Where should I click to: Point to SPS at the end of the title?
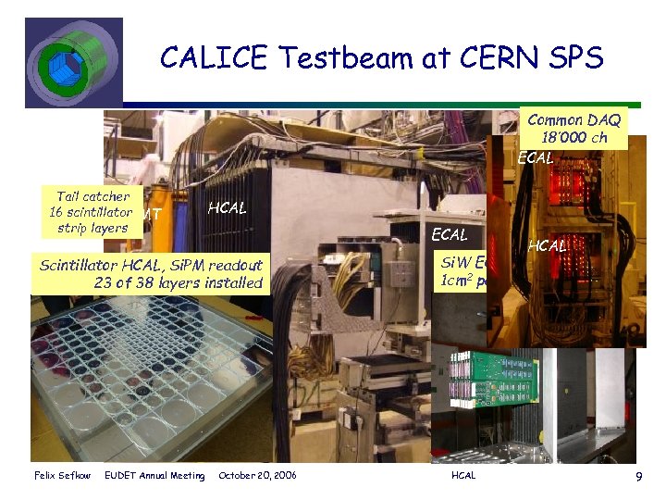[573, 58]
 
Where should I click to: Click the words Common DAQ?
[573, 119]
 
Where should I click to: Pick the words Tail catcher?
[92, 196]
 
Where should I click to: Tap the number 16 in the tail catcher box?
[56, 212]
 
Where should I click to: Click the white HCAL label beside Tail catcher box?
[228, 208]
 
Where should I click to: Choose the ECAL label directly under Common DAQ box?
[536, 157]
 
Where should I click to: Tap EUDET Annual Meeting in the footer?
[154, 476]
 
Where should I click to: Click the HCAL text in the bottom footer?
[462, 476]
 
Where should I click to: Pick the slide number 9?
[638, 476]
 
